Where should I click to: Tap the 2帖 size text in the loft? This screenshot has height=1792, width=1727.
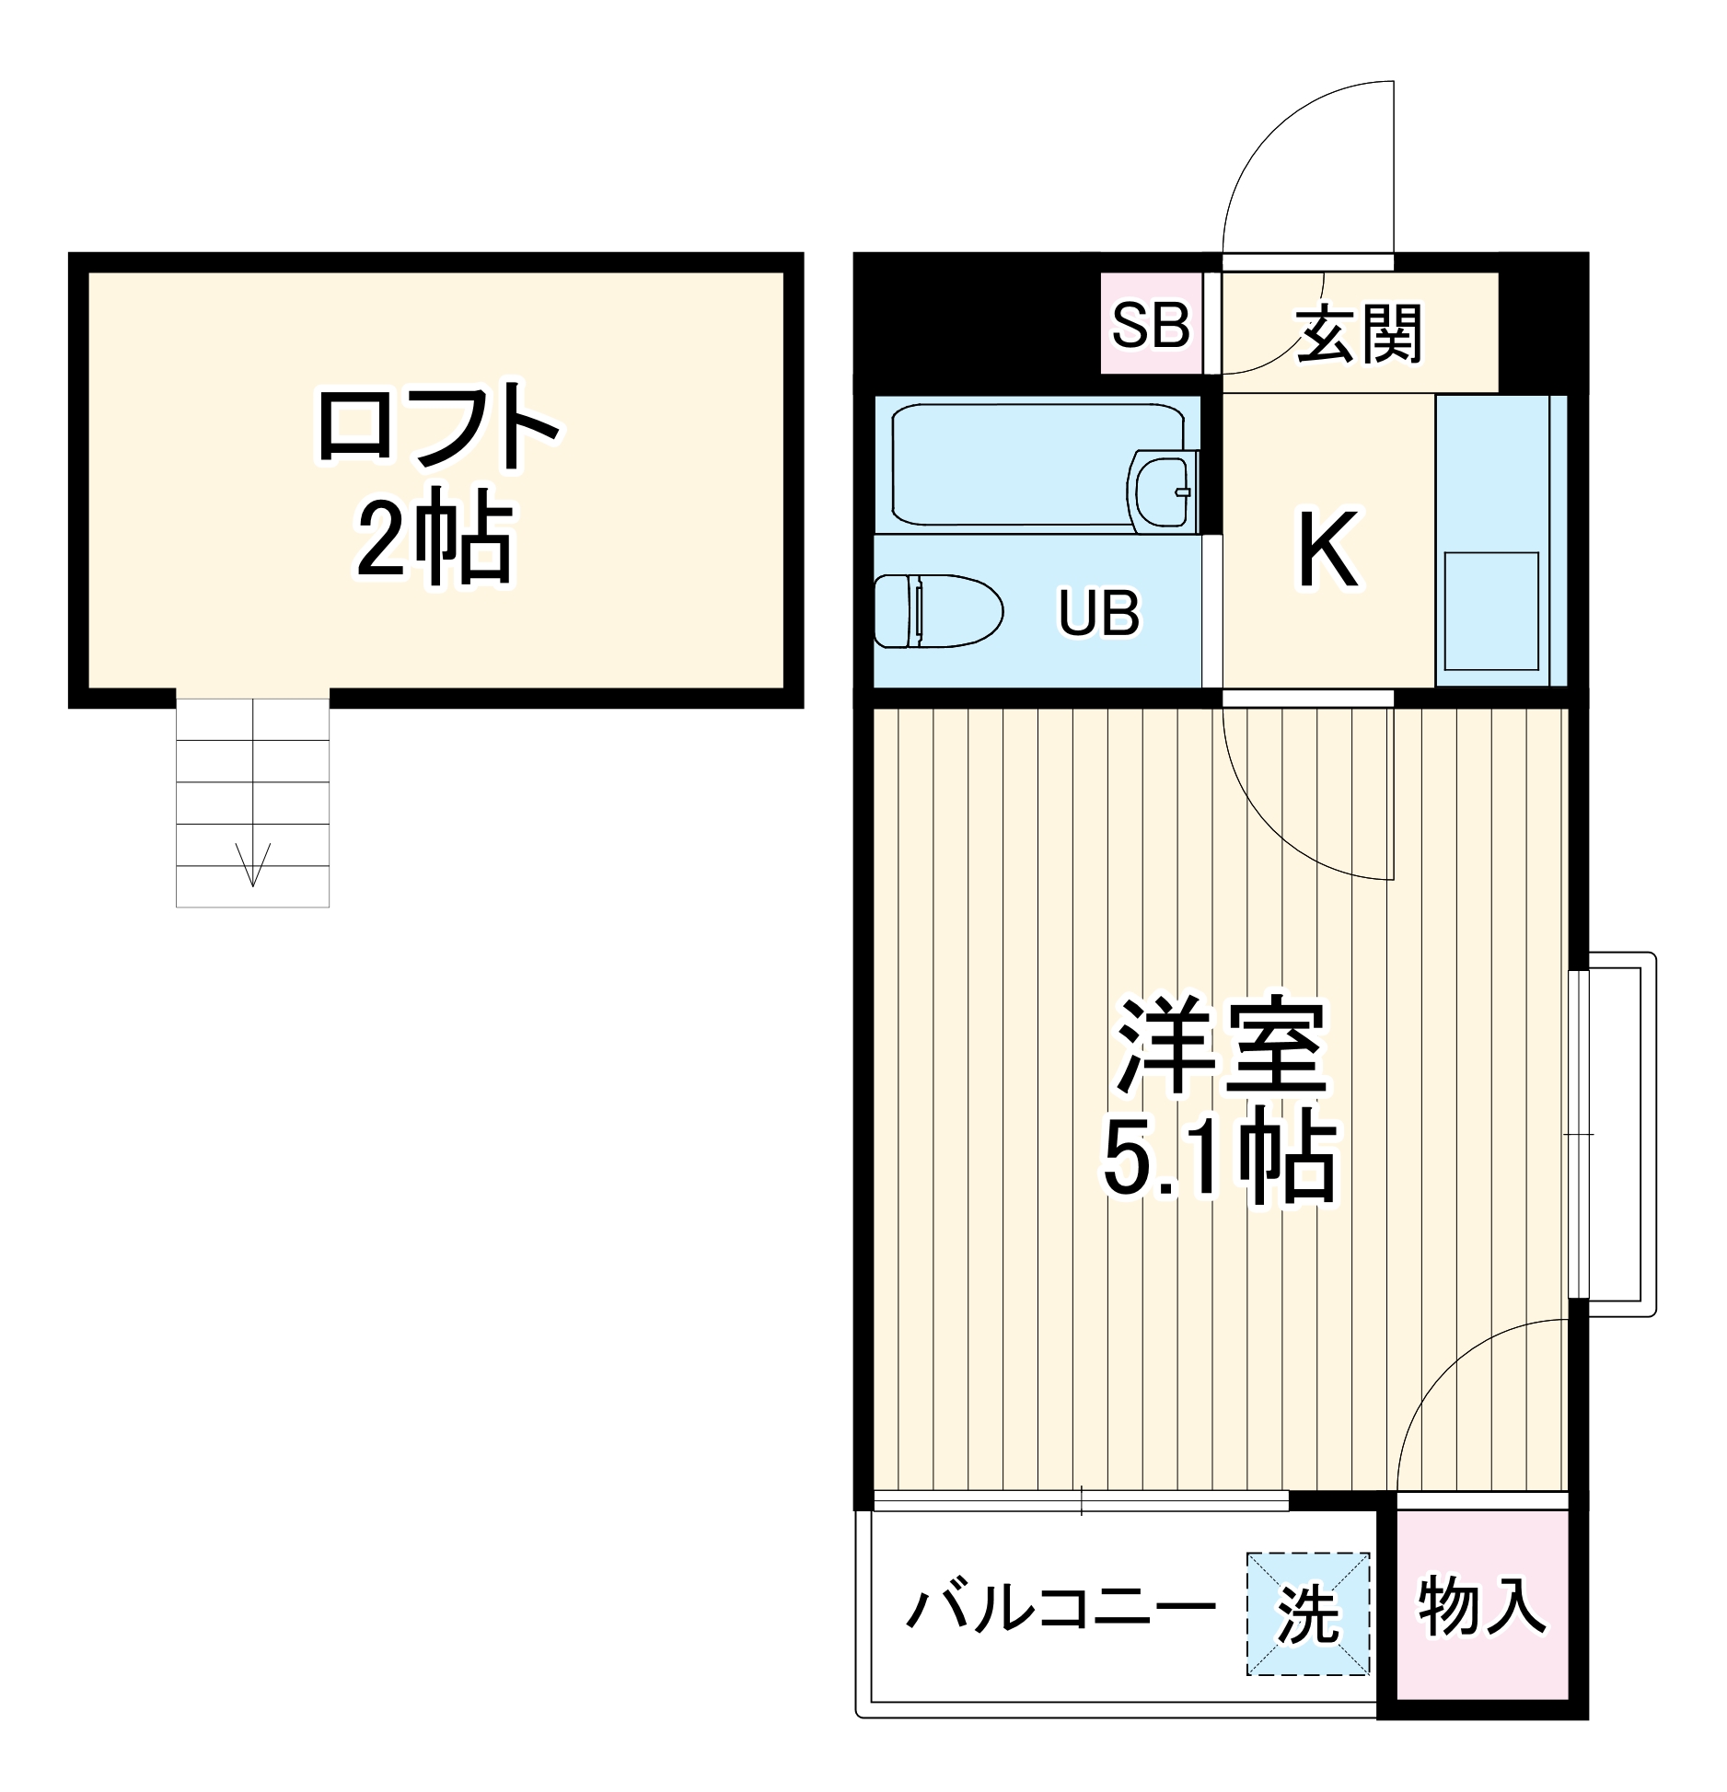434,542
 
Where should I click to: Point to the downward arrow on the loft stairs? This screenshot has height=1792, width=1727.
253,862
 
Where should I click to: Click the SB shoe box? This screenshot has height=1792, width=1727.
1151,324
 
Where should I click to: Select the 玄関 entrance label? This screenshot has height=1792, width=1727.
1359,333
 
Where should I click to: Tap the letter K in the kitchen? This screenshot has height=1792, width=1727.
1327,550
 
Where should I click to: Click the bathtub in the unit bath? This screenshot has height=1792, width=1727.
1013,465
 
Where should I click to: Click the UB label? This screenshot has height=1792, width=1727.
1098,613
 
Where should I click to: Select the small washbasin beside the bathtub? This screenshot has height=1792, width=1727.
1162,490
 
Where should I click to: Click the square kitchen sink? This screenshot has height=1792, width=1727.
1491,611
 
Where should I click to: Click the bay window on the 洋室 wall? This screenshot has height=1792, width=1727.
1611,1137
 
